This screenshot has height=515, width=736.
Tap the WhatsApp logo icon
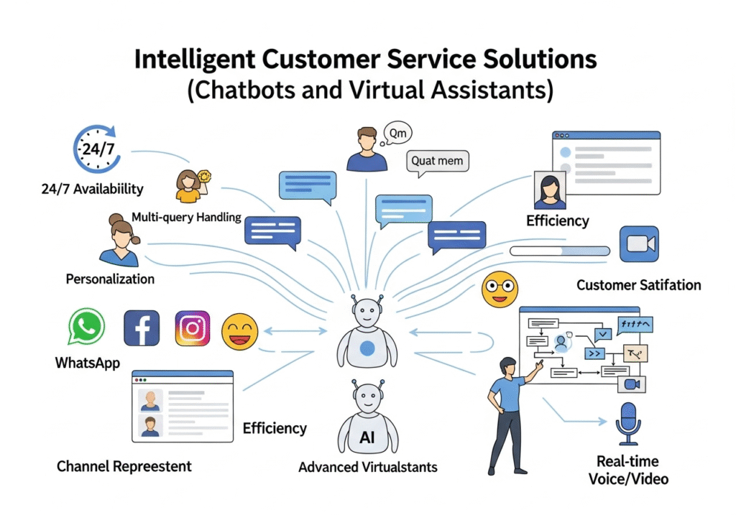click(87, 327)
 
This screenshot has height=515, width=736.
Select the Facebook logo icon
click(142, 328)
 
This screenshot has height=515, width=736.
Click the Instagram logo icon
click(193, 328)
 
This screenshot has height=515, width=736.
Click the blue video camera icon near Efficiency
click(638, 244)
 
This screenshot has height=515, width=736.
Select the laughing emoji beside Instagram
click(239, 331)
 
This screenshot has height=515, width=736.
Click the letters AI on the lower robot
click(367, 437)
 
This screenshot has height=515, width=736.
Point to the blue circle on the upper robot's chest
click(367, 349)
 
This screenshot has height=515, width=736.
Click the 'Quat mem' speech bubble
click(438, 161)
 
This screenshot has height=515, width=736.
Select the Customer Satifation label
click(638, 285)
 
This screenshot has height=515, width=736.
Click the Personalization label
click(110, 279)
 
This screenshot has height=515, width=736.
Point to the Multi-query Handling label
click(186, 217)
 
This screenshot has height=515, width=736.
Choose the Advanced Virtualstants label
click(367, 467)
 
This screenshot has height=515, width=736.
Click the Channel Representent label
click(124, 466)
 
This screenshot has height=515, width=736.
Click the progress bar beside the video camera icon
click(559, 251)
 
